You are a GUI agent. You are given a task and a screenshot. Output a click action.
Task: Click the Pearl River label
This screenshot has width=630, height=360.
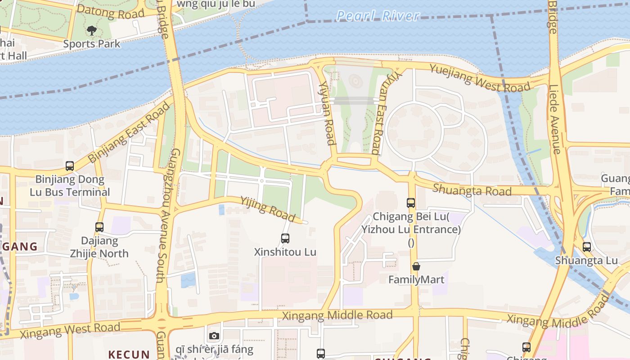click(x=378, y=16)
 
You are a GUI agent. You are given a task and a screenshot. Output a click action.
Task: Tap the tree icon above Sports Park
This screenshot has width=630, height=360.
click(x=92, y=31)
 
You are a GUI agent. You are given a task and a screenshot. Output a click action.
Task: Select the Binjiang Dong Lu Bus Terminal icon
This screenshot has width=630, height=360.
click(x=70, y=166)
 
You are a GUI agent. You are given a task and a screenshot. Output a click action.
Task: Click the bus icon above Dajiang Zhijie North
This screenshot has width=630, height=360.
click(x=99, y=227)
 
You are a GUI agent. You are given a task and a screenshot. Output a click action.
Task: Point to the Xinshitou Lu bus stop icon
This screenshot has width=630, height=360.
click(x=285, y=238)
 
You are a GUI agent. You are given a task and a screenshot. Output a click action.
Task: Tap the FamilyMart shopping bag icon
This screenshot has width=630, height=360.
click(x=416, y=266)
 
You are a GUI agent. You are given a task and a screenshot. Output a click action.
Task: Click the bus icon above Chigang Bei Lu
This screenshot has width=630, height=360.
click(x=410, y=203)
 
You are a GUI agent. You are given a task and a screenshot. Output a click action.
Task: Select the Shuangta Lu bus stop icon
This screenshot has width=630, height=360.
click(x=587, y=247)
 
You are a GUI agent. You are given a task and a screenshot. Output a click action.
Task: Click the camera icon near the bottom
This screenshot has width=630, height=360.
click(x=214, y=336)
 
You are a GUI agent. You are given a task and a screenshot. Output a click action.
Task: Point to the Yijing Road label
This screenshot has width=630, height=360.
click(x=267, y=209)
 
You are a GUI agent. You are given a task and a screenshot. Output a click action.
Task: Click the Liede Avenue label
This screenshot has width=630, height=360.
click(x=555, y=119)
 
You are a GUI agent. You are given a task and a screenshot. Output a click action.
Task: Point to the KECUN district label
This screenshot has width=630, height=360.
click(x=129, y=354)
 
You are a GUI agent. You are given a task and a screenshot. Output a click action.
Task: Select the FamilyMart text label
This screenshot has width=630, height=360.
click(x=416, y=280)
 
